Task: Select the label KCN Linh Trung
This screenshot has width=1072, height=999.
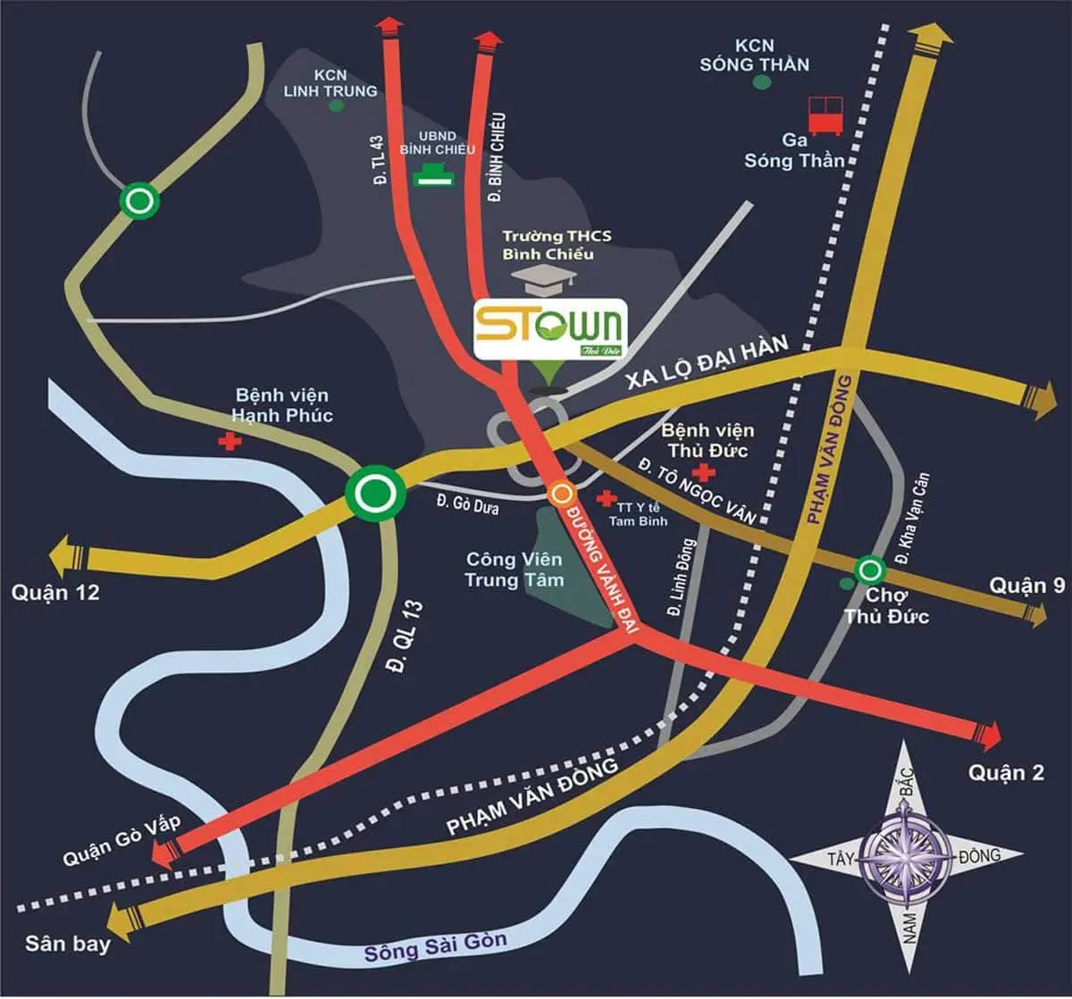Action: point(331,83)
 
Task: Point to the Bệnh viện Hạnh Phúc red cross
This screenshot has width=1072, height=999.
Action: point(230,442)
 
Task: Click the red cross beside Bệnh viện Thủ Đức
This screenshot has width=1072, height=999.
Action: point(707,471)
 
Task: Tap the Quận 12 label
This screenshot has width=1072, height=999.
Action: point(55,592)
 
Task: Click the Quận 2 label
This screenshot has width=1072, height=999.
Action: point(1006,772)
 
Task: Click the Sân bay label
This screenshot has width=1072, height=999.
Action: point(55,944)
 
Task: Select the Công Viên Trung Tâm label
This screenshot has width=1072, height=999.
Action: point(515,570)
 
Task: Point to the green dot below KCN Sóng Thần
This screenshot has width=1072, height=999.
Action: point(761,83)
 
